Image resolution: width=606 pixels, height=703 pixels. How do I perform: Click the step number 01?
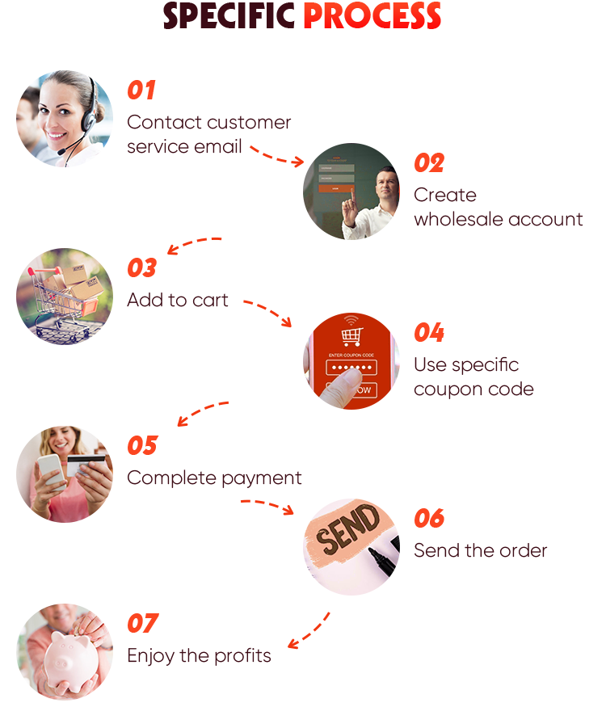[141, 91]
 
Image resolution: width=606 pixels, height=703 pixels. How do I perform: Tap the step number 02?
[429, 163]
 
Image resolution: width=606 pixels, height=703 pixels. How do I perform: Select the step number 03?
[141, 268]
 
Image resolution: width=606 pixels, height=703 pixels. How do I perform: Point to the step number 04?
[429, 333]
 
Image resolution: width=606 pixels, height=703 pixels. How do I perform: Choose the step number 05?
[142, 446]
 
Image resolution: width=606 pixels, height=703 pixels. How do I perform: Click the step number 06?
[429, 519]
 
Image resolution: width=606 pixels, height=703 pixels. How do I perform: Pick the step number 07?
[142, 624]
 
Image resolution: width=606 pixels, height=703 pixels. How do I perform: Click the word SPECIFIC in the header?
[229, 16]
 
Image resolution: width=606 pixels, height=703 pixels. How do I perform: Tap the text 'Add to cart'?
[178, 301]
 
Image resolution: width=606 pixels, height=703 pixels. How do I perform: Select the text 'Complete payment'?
[214, 478]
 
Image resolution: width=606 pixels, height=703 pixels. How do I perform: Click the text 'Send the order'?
[480, 551]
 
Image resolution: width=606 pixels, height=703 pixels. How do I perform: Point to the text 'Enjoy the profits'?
[199, 656]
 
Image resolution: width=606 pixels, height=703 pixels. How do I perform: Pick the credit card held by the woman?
[86, 464]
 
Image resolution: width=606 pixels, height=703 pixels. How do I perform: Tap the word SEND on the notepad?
[345, 530]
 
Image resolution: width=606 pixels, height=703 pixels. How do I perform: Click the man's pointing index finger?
[348, 196]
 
